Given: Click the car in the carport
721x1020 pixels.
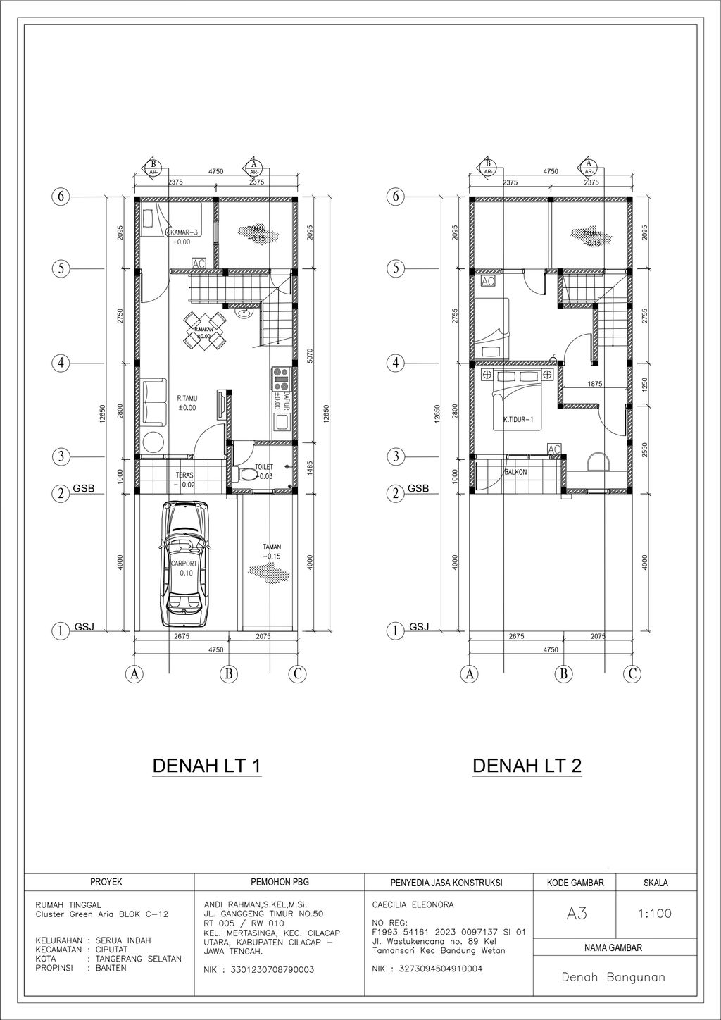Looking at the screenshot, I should tap(186, 564).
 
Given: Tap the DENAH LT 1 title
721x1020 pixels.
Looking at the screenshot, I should tap(207, 766).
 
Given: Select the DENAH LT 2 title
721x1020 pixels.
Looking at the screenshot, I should tap(527, 766).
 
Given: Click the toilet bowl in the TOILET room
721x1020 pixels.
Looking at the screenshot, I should tap(246, 475).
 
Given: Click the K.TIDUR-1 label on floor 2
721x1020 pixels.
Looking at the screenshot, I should tap(518, 420).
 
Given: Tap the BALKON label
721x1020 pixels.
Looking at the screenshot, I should tap(515, 472).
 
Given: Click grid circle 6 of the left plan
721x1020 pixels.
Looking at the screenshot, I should tap(61, 197).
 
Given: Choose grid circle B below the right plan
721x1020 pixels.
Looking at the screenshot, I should tap(563, 674).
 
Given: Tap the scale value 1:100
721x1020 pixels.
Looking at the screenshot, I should tap(654, 914).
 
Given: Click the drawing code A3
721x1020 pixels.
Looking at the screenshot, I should tap(576, 914).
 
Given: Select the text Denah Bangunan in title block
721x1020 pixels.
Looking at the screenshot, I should tap(613, 978).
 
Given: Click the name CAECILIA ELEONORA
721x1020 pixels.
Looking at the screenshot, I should tap(413, 904).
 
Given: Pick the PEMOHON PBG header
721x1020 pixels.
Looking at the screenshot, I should tap(280, 882).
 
